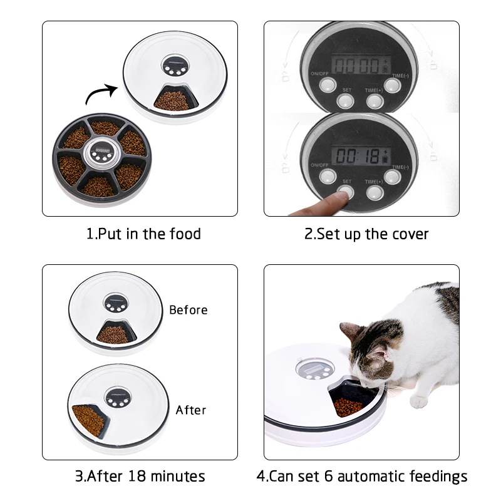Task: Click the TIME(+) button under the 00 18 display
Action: click(374, 192)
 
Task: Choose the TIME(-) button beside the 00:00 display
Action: click(393, 85)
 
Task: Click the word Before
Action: click(188, 310)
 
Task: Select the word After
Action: click(190, 410)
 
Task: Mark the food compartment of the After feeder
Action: click(88, 420)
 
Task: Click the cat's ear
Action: click(351, 330)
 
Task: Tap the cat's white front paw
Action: click(418, 401)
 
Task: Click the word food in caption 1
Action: click(183, 234)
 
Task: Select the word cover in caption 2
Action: click(408, 234)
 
